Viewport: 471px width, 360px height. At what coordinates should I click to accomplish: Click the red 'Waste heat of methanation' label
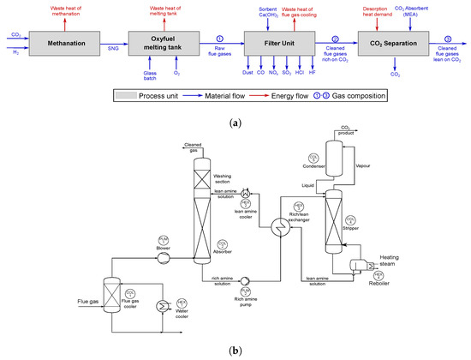(63, 11)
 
